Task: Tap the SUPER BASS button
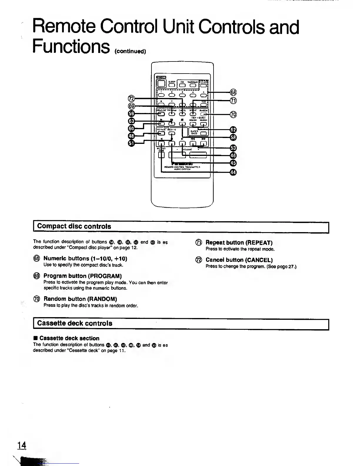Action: point(203,133)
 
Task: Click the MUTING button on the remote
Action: point(161,154)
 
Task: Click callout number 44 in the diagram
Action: point(233,172)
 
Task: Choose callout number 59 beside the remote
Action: point(131,114)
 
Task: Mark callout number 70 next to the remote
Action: point(233,114)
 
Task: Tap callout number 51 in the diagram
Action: point(131,143)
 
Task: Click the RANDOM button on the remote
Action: point(204,114)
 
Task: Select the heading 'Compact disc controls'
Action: point(74,226)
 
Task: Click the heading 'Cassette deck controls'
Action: point(75,323)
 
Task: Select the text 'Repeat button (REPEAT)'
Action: point(239,243)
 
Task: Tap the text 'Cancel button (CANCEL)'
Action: point(239,260)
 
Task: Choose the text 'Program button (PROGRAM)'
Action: point(82,276)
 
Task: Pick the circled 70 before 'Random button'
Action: point(36,299)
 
